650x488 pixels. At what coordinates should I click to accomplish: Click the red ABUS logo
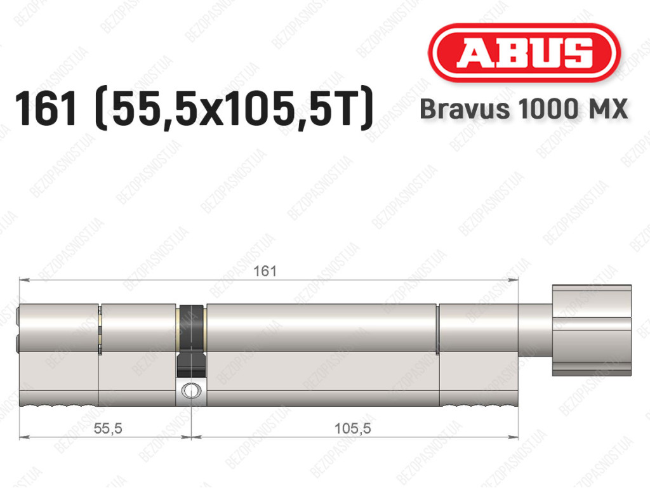524,53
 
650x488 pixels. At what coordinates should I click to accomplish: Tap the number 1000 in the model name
547,109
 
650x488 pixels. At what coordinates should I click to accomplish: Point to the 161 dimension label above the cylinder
265,271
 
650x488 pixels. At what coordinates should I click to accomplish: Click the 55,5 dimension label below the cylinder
108,428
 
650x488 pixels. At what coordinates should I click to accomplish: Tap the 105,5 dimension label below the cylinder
353,428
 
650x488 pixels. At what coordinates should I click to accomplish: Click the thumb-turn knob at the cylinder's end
592,330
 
